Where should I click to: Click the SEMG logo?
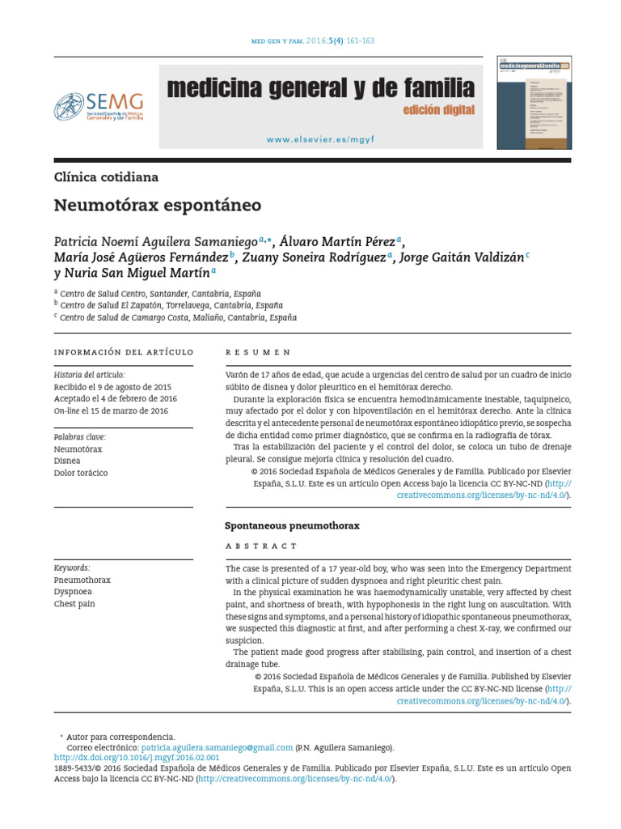[x=99, y=105]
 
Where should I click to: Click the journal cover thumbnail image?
[x=533, y=102]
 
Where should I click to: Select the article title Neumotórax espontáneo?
[x=158, y=206]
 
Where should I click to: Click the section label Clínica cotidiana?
[x=106, y=176]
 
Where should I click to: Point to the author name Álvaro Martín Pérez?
[x=337, y=242]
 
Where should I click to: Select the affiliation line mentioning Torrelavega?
[x=171, y=305]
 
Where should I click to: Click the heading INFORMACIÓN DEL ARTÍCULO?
[x=124, y=352]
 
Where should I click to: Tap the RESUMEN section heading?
[x=258, y=353]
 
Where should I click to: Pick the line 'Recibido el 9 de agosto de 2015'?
[x=112, y=387]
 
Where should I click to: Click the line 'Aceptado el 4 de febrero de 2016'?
[x=116, y=399]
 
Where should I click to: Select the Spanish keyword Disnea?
[x=66, y=461]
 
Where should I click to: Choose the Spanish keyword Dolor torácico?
[x=80, y=473]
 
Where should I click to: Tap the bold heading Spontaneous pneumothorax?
[x=292, y=525]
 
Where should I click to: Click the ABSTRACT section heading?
[x=261, y=546]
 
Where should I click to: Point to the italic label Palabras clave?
[x=80, y=437]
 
